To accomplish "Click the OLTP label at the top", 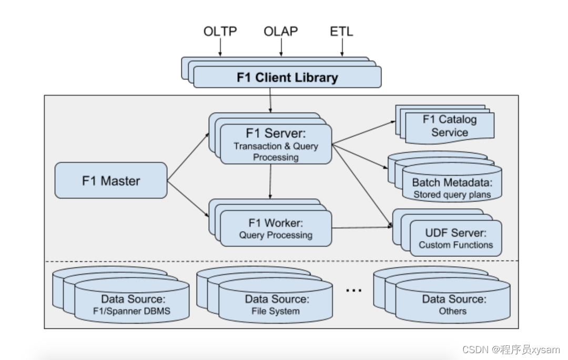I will pos(220,31).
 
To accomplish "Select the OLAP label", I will pos(281,31).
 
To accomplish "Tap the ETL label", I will pos(341,31).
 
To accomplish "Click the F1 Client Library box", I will pos(287,78).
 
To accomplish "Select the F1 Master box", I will pos(111,181).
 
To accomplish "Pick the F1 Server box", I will pos(276,145).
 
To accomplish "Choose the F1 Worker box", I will pos(276,228).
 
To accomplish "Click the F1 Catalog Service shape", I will pos(449,126).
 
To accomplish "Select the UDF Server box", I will pos(455,238).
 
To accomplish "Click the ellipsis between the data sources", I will pos(354,290).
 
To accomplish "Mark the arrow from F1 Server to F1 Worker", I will pos(270,182).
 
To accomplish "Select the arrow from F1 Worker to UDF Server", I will pos(362,227).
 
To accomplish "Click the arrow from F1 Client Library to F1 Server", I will pos(271,100).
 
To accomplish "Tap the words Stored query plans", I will pos(452,194).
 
